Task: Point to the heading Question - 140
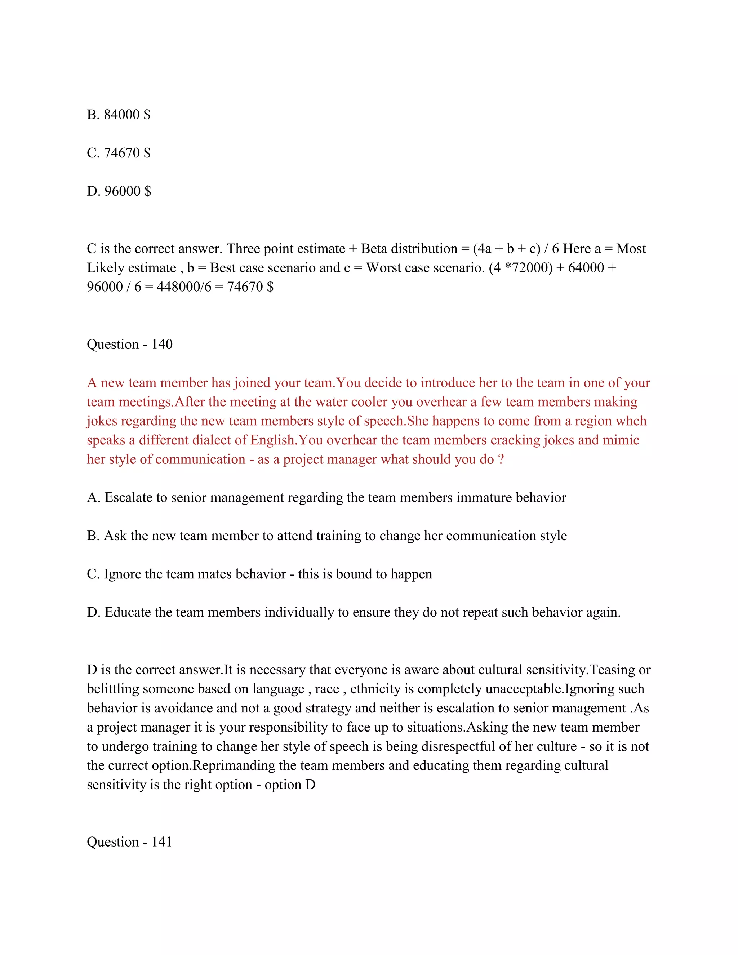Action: [x=129, y=344]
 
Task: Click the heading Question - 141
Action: [x=129, y=841]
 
